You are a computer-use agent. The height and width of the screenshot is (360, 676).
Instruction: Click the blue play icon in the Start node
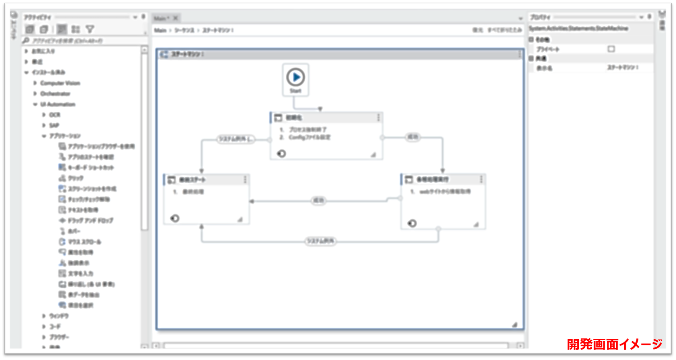pyautogui.click(x=295, y=77)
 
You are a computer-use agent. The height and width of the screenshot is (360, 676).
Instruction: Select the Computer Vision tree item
pyautogui.click(x=60, y=83)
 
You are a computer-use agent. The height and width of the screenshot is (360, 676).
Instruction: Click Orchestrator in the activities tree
pyautogui.click(x=55, y=94)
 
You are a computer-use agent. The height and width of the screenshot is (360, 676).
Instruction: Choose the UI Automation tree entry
pyautogui.click(x=58, y=104)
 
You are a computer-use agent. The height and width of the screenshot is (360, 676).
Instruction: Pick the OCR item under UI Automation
pyautogui.click(x=55, y=115)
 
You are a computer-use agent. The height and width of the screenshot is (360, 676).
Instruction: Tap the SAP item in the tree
pyautogui.click(x=54, y=126)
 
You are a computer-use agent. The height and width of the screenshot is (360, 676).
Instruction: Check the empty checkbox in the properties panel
pyautogui.click(x=611, y=49)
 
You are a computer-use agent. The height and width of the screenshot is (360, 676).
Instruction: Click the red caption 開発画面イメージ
pyautogui.click(x=614, y=344)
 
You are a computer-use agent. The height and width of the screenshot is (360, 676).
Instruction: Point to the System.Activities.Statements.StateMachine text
pyautogui.click(x=578, y=28)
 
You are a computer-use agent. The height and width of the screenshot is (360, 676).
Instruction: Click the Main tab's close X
pyautogui.click(x=176, y=18)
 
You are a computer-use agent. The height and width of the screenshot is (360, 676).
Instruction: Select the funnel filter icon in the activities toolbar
pyautogui.click(x=90, y=29)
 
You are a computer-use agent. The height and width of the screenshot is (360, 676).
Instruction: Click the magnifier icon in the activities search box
pyautogui.click(x=26, y=40)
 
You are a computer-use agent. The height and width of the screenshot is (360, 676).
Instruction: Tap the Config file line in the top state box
pyautogui.click(x=309, y=137)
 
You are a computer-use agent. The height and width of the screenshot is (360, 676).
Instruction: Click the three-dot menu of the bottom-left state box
pyautogui.click(x=245, y=179)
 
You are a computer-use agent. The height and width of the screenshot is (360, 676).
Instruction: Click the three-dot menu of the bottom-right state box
pyautogui.click(x=481, y=179)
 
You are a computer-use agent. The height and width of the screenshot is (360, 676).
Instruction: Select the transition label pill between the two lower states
pyautogui.click(x=318, y=201)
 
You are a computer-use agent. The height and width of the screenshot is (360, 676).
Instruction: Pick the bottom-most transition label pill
pyautogui.click(x=320, y=241)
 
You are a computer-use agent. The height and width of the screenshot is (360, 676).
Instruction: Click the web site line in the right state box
pyautogui.click(x=445, y=192)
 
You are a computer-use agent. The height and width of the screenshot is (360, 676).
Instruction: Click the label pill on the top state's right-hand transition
pyautogui.click(x=413, y=137)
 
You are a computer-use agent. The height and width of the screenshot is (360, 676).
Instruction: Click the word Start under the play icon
pyautogui.click(x=295, y=91)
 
